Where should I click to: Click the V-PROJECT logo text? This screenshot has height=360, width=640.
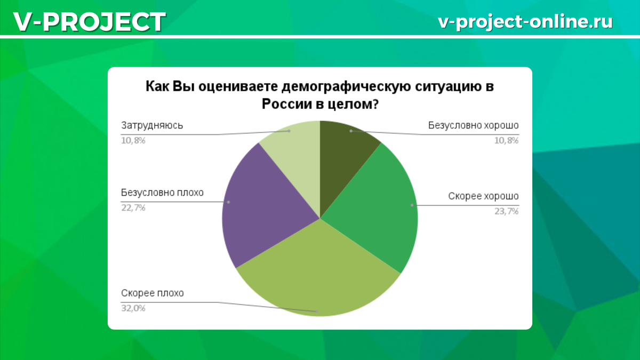(x=89, y=22)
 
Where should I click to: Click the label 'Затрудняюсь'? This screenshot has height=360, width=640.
(x=152, y=126)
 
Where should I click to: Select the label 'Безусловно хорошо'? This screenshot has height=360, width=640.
(x=473, y=126)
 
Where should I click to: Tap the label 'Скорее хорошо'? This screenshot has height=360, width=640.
(x=483, y=196)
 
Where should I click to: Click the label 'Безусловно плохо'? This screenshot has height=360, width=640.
(x=162, y=193)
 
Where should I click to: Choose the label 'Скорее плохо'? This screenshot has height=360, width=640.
(x=152, y=293)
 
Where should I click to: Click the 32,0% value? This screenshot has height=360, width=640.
(x=133, y=308)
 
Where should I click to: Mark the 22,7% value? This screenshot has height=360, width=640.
(x=133, y=207)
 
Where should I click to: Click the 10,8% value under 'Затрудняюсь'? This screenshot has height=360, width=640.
(x=133, y=141)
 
